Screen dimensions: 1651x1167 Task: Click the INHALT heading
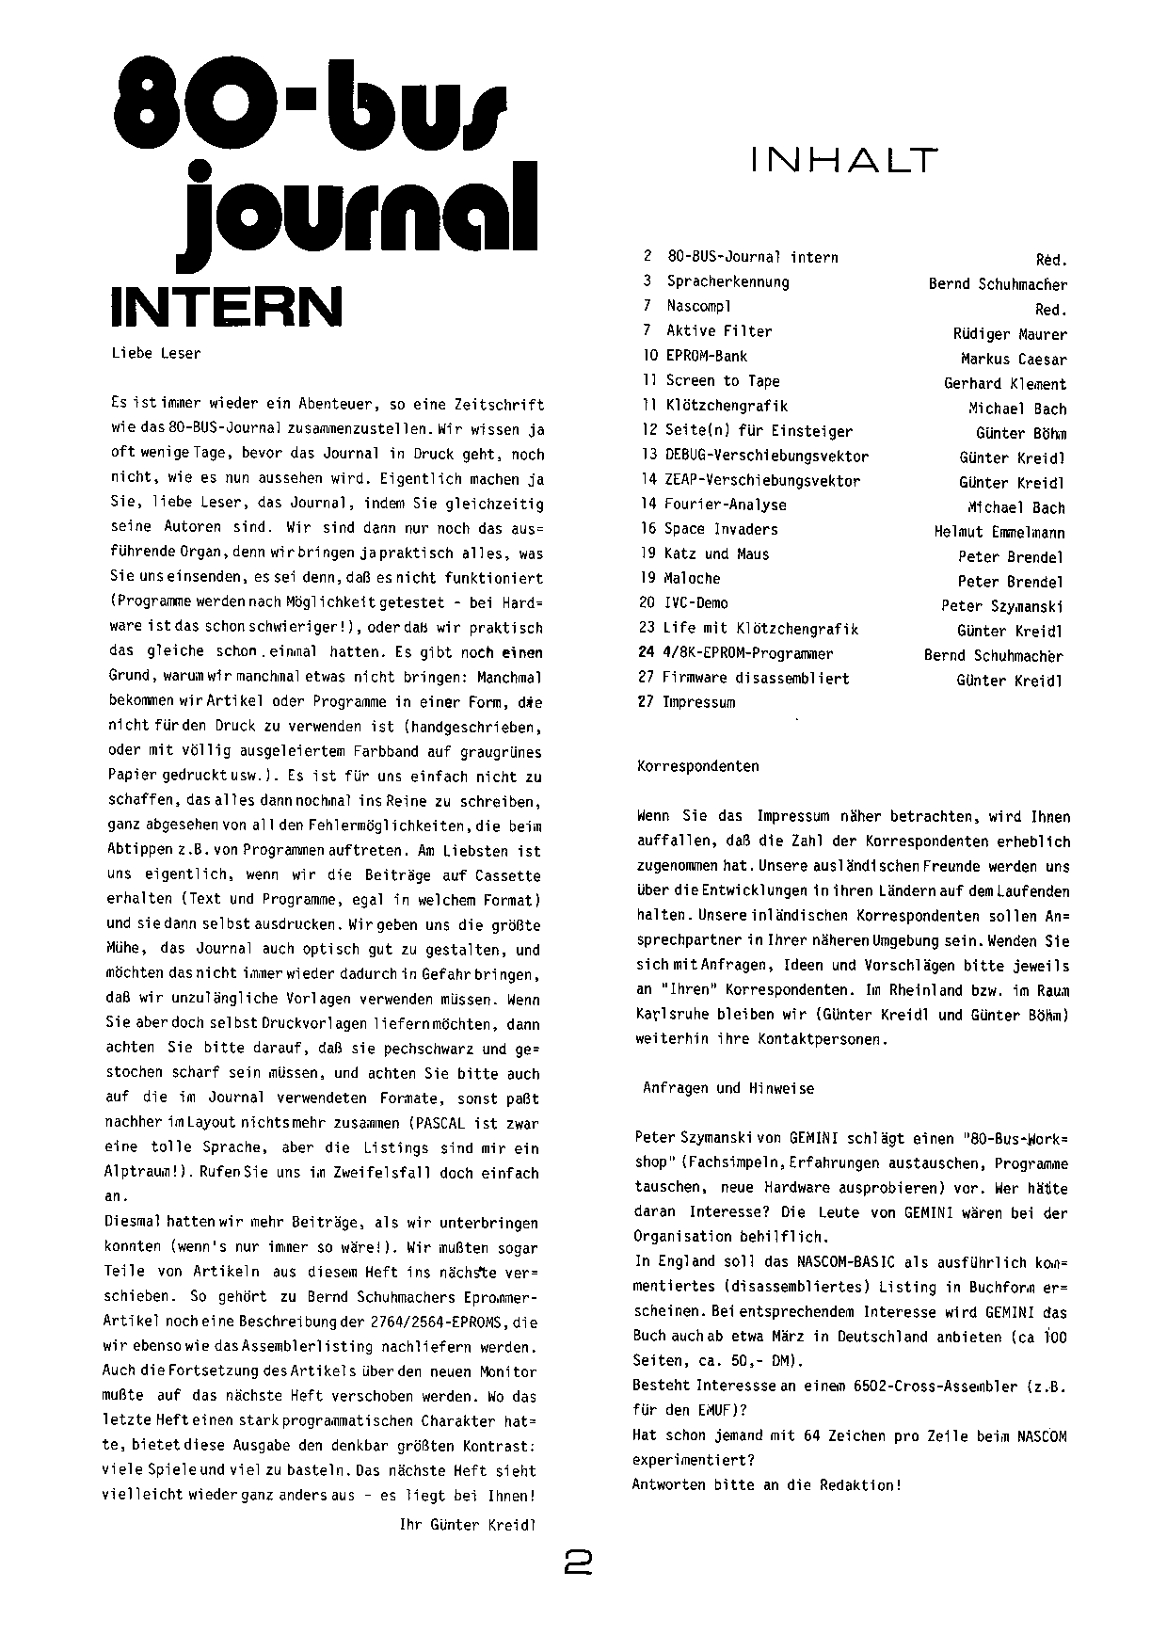coord(844,161)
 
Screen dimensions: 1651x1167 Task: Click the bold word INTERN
coord(227,305)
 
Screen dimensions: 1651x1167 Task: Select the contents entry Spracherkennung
coord(727,281)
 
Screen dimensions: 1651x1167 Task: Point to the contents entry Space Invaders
coord(721,529)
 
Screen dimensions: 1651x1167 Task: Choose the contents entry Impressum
coord(698,702)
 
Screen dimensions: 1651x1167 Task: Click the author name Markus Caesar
coord(1014,360)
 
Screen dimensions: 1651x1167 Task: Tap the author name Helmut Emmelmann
coord(999,533)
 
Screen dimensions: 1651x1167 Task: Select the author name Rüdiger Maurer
coord(1010,334)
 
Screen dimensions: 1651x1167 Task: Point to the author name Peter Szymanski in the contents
coord(1002,606)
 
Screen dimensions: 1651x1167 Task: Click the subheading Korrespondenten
coord(697,766)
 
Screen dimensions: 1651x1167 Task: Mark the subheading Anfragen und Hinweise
coord(727,1088)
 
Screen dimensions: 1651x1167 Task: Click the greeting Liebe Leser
coord(155,354)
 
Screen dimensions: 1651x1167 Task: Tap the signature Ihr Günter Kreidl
coord(468,1525)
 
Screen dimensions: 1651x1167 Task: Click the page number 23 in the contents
coord(646,629)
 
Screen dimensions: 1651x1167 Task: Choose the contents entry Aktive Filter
coord(719,331)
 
